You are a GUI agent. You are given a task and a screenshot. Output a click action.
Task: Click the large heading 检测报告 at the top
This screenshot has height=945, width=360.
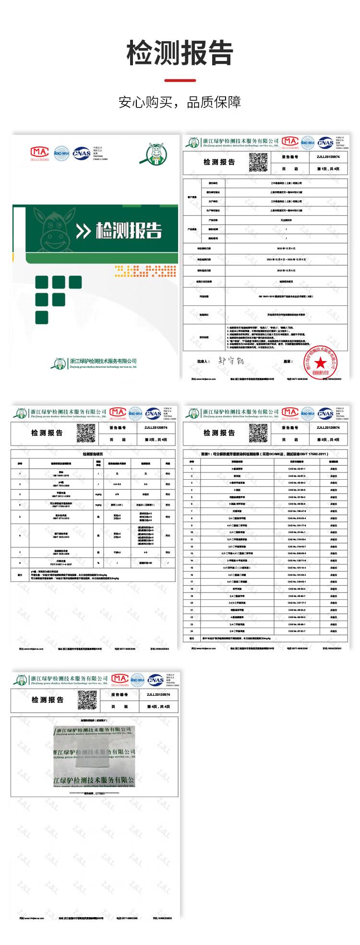[x=180, y=52]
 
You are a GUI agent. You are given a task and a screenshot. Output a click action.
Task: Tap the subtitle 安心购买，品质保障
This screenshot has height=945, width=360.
[x=180, y=102]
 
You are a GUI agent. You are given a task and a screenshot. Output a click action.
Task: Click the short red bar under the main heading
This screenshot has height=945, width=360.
[x=180, y=80]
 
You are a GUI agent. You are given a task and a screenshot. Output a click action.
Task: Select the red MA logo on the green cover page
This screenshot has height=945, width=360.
[x=40, y=149]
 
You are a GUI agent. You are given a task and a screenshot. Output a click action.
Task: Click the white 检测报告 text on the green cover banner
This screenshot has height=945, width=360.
[x=129, y=231]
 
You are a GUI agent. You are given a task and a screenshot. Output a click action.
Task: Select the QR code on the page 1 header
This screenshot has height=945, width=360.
[x=257, y=162]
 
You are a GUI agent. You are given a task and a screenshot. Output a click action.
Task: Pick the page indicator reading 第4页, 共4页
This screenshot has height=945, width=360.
[x=158, y=707]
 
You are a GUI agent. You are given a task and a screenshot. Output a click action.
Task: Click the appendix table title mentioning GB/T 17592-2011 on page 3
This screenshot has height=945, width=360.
[x=265, y=453]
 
